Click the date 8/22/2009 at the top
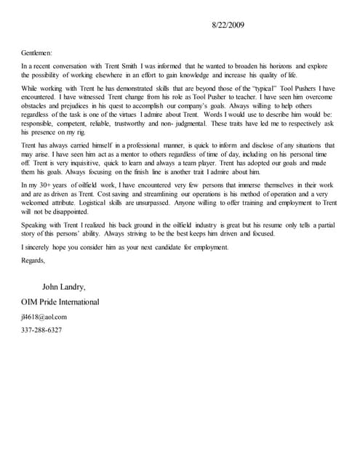point(228,25)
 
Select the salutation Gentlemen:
point(37,53)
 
